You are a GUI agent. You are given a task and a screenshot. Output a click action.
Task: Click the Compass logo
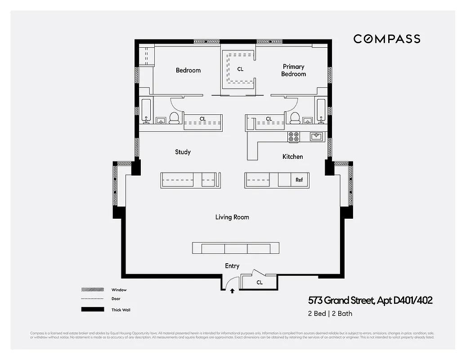coord(386,39)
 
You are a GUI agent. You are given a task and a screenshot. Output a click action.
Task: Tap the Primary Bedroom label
coord(293,70)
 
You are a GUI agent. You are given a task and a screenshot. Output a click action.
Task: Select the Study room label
coord(183,152)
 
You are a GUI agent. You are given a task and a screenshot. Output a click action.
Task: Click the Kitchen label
coord(292,157)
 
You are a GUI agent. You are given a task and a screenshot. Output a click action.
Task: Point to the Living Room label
coord(232,217)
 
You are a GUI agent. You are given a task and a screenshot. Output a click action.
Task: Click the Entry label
coord(232,266)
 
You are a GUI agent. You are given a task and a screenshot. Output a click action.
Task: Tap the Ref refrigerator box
coord(299,180)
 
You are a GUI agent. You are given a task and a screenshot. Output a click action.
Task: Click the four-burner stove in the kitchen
coord(294,137)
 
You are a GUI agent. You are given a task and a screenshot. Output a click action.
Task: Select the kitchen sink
coord(316,136)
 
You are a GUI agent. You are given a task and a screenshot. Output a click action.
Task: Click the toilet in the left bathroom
coord(174,118)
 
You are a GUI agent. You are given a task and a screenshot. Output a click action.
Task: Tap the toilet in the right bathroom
coord(295,118)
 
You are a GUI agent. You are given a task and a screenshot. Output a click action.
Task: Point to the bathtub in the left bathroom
coord(146,110)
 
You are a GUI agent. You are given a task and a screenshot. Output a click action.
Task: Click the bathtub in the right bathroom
coord(321,110)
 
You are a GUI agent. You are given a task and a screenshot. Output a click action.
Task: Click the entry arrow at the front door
coord(232,291)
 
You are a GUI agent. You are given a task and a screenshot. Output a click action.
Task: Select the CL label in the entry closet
coord(260,283)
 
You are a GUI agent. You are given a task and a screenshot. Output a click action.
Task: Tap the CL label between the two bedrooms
coord(240,69)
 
